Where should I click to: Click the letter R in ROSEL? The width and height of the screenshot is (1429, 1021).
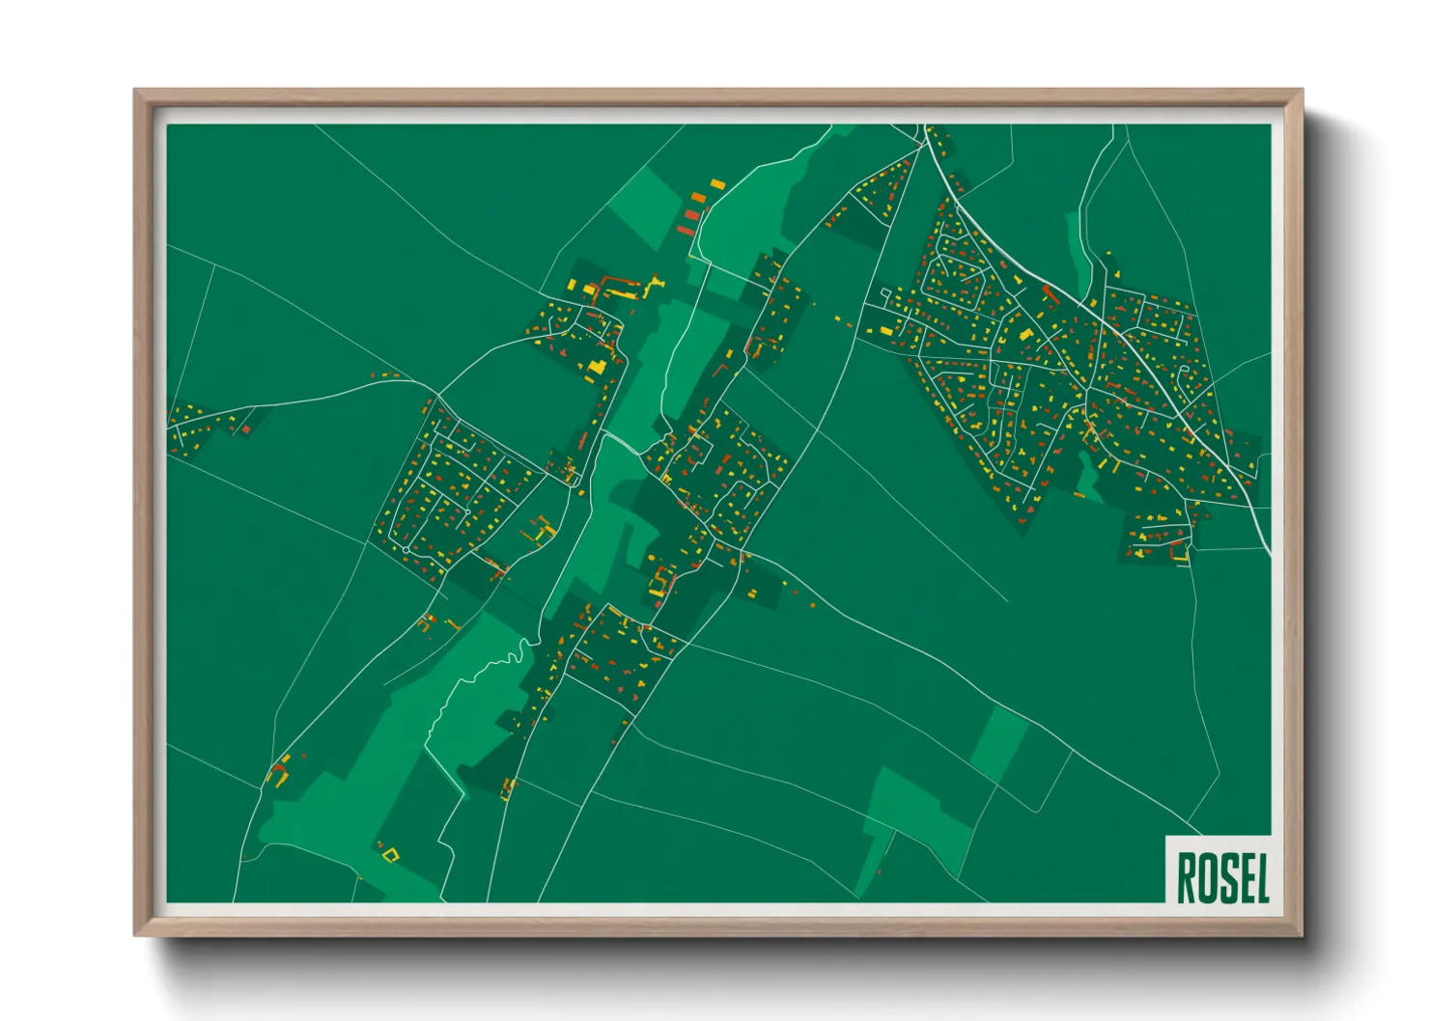point(1187,877)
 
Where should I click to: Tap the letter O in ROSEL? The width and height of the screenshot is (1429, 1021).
point(1206,877)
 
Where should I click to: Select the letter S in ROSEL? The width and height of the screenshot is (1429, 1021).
point(1225,877)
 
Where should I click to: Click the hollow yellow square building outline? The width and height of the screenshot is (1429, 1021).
point(390,853)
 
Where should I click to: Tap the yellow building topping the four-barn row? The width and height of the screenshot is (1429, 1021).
point(716,183)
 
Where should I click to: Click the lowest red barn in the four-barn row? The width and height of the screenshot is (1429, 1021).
point(685,230)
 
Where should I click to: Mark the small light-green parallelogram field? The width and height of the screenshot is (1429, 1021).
point(999,738)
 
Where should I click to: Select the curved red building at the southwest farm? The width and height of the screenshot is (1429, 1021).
point(280,771)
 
